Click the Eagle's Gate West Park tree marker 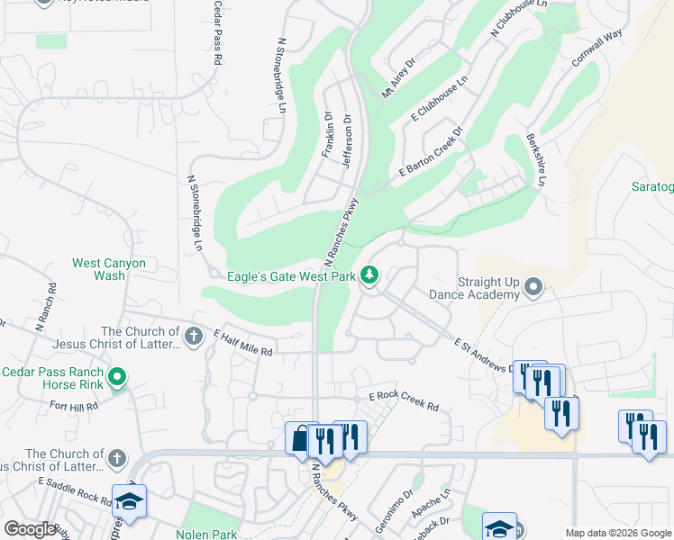(x=369, y=274)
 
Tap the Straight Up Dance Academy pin (x=533, y=288)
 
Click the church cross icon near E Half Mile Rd (x=193, y=337)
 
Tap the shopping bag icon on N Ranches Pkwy (x=300, y=439)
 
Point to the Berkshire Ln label (x=536, y=161)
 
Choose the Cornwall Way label (x=597, y=47)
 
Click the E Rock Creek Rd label (x=403, y=401)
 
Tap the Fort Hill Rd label (x=74, y=406)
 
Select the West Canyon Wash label (x=109, y=270)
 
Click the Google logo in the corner (x=30, y=529)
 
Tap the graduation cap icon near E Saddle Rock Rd (x=129, y=500)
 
